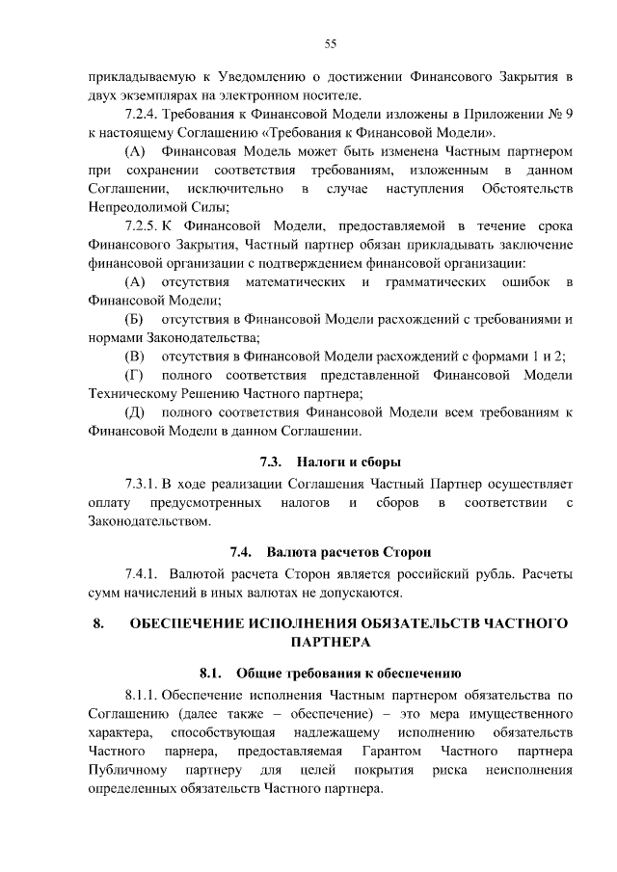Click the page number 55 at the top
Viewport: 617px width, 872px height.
329,43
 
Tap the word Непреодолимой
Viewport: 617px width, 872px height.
131,207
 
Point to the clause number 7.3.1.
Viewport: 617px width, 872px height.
141,484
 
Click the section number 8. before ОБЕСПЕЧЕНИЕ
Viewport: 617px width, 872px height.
97,622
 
